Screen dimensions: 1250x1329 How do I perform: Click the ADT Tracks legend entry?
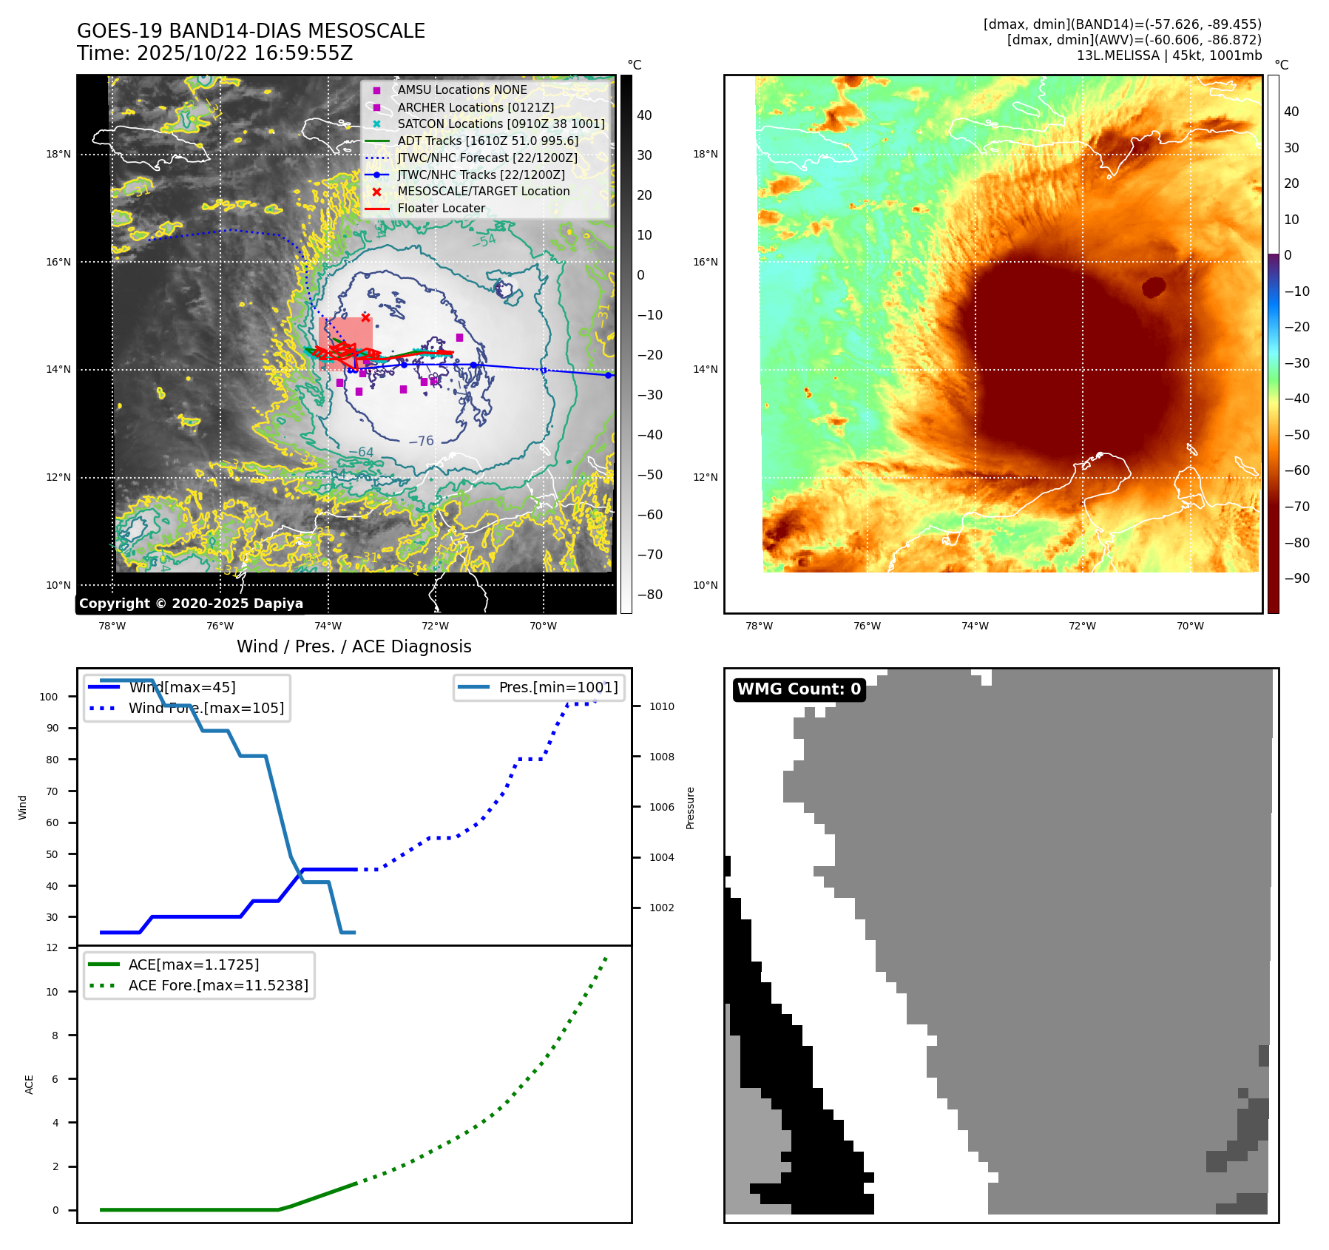pos(487,141)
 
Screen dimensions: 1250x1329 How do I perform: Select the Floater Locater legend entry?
pos(441,209)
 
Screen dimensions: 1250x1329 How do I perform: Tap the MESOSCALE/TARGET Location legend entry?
pos(483,192)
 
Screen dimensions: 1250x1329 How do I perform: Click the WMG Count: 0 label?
pos(799,689)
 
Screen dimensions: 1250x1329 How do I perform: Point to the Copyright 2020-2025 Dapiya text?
pos(191,604)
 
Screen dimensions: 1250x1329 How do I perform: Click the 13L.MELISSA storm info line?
pos(1169,55)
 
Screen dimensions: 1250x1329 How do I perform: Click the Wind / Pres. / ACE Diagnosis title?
pos(354,646)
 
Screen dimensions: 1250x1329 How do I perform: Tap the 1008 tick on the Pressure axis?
pos(661,757)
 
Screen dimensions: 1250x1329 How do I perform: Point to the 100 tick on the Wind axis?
pos(49,697)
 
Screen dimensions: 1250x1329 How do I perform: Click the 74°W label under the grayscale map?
pos(328,626)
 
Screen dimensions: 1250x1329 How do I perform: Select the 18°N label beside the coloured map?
pos(705,155)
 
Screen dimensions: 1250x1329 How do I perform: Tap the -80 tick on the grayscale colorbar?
pos(650,595)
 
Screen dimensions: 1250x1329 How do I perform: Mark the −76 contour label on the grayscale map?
pos(421,441)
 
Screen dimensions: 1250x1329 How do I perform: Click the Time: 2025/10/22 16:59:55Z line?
pos(214,54)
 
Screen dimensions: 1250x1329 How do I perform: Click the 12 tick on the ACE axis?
pos(52,947)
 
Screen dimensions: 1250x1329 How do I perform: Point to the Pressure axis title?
pos(690,808)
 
